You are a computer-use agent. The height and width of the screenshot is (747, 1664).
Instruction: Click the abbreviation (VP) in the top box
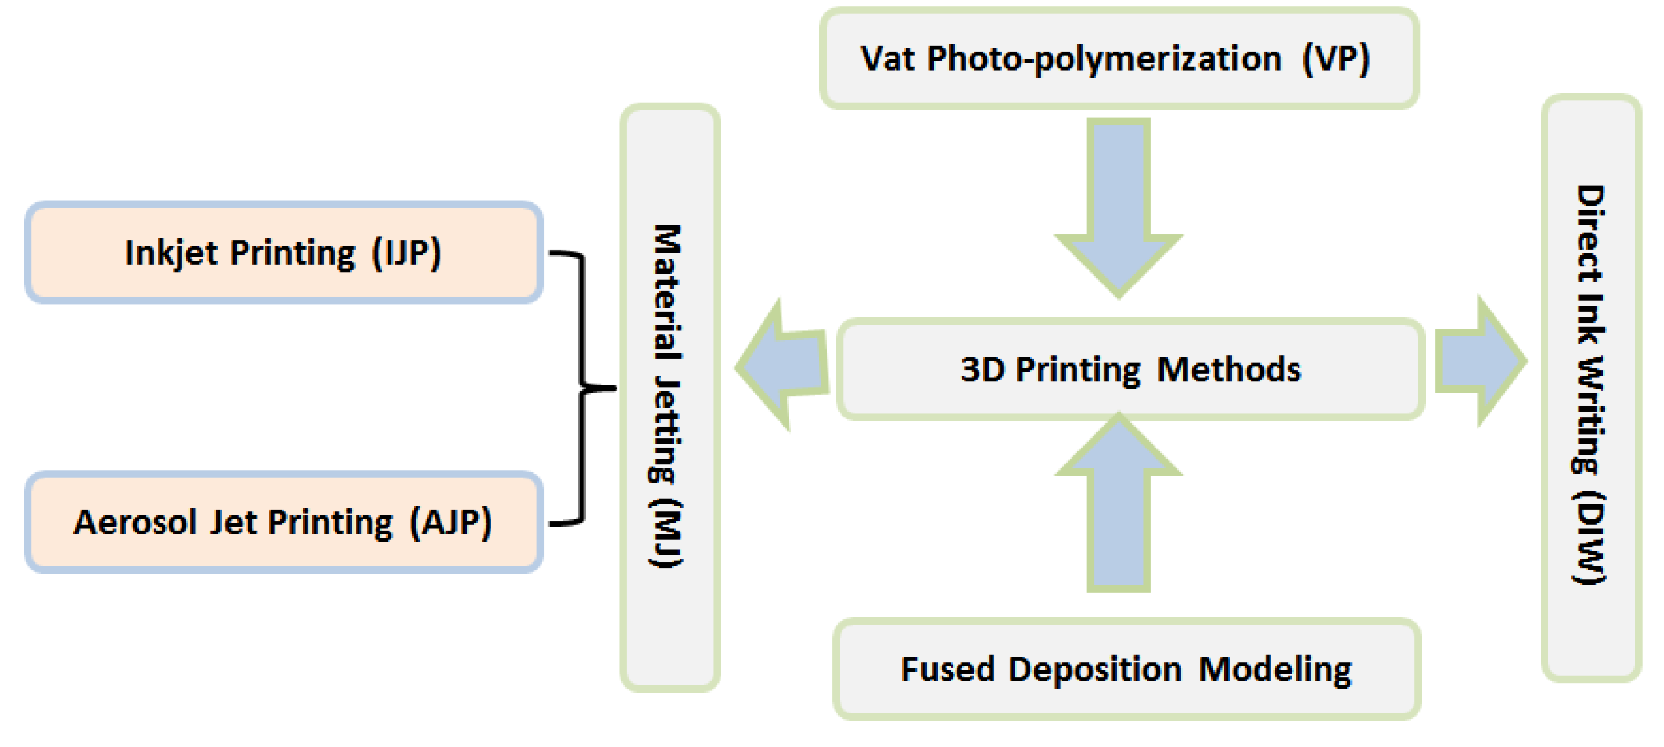tap(1335, 59)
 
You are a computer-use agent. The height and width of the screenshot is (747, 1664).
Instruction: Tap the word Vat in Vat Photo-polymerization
tap(888, 59)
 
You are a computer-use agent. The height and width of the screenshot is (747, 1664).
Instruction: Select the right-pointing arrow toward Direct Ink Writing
tap(1479, 361)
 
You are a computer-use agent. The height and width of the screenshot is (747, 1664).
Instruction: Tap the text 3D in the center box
tap(982, 370)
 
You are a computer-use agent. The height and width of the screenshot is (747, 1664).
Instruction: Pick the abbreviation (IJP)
tap(406, 253)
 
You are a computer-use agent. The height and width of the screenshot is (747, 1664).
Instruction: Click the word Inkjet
tap(170, 253)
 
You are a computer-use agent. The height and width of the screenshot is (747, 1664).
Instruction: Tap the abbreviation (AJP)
tap(451, 522)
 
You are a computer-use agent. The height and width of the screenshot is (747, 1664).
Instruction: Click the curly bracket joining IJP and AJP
tap(582, 388)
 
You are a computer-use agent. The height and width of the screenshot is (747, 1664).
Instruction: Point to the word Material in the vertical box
tap(667, 291)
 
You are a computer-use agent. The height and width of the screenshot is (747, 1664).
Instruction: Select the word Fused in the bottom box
tap(947, 670)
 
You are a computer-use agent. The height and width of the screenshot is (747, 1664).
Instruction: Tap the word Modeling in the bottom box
tap(1274, 670)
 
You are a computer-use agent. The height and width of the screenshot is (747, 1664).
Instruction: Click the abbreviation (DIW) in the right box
tap(1589, 538)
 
